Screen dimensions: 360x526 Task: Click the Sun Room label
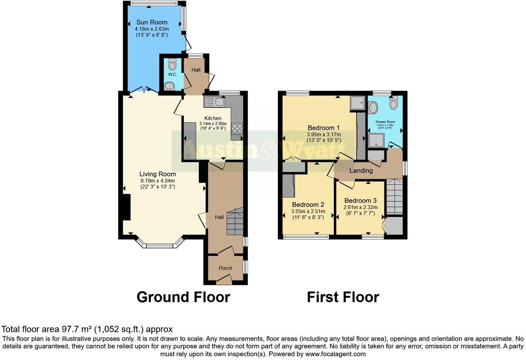152,22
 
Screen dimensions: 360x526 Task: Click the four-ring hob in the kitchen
237,129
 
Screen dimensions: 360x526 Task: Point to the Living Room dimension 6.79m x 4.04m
157,181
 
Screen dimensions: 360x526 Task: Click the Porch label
225,268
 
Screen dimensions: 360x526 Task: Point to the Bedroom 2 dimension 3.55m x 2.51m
308,211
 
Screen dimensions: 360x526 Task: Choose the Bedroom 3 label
360,201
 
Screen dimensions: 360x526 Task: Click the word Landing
361,170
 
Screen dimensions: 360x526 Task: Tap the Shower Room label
385,122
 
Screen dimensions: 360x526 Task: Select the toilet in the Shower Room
393,103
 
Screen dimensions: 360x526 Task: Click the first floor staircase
394,197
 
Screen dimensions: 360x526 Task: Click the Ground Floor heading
183,297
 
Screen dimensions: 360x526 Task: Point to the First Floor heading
343,297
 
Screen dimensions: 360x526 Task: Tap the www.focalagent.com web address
335,354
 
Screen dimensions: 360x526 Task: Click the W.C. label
172,75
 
